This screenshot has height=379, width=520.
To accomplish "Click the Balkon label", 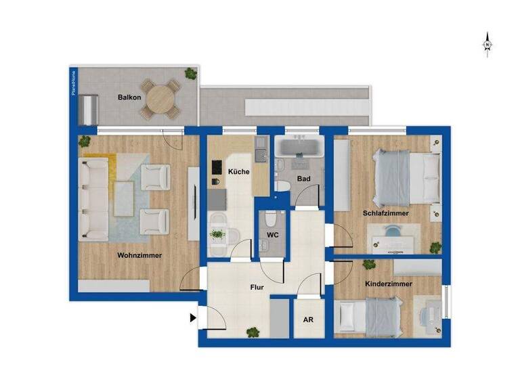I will coord(129,97).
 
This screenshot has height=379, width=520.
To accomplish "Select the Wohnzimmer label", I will coord(139,255).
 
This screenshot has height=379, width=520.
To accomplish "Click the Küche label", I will coord(238,172).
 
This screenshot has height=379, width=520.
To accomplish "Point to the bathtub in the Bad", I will coord(299,147).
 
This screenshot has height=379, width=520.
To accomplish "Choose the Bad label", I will coord(303,181).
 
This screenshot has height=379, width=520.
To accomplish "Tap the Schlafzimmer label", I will coord(385,213).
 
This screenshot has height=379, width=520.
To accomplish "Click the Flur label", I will coord(257,287).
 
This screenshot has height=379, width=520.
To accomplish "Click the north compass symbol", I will coord(487,44).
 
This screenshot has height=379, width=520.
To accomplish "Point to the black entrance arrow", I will coord(194,317).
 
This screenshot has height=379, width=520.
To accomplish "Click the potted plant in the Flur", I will coord(253,332).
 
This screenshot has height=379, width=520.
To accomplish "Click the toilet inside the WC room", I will coord(271,220).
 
